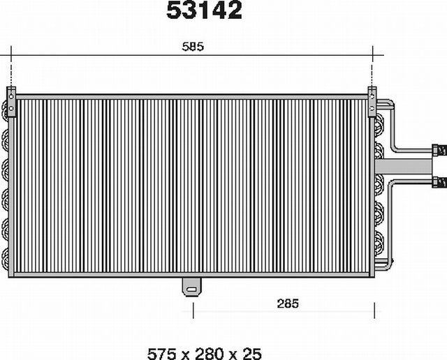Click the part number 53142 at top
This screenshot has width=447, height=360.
[x=204, y=10]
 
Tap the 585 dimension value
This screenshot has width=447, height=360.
[x=193, y=47]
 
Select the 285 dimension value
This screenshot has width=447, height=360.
[x=288, y=303]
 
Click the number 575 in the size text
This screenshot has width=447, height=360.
[x=161, y=354]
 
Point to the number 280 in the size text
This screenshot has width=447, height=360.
[x=210, y=354]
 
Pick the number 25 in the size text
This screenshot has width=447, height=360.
[x=252, y=354]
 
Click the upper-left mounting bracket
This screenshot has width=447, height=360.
[x=11, y=102]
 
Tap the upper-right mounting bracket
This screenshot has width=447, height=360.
[x=372, y=102]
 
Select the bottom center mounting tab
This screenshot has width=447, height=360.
[x=192, y=287]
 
